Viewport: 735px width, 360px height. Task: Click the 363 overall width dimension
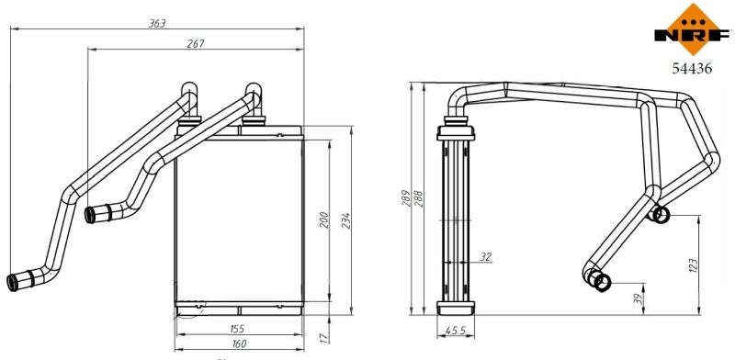click(x=156, y=24)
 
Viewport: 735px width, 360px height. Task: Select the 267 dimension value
click(x=194, y=43)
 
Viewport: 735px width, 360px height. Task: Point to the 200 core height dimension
click(x=322, y=221)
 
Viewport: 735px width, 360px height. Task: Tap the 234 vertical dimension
click(x=346, y=221)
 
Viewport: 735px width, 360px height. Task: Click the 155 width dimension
click(x=236, y=329)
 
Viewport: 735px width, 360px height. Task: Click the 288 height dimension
click(x=418, y=199)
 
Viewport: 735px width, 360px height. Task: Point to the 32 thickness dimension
click(x=486, y=257)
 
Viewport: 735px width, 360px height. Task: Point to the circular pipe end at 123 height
click(x=661, y=215)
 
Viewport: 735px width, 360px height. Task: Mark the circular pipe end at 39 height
click(x=601, y=282)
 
